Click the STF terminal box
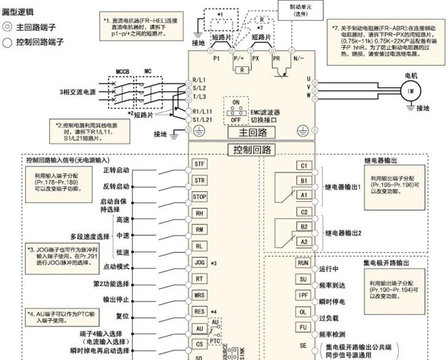[199, 163]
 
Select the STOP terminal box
[199, 195]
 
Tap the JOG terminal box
[199, 261]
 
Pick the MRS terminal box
[199, 294]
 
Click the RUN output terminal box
[303, 263]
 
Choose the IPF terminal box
[303, 295]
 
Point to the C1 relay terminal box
[304, 166]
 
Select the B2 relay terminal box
[304, 226]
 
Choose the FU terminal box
[303, 328]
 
